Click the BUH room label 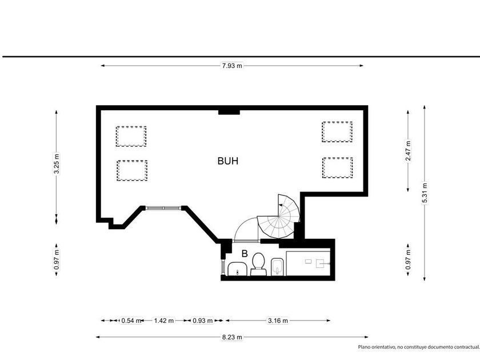coord(228,161)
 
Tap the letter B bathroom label coord(245,254)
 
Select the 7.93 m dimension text coord(232,66)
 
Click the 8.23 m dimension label coord(232,337)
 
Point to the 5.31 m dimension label coord(424,193)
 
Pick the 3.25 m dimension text coord(57,163)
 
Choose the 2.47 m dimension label coord(408,150)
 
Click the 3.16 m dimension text coord(278,321)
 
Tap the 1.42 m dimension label coord(164,321)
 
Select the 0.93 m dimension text coord(202,321)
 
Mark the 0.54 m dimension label coord(131,321)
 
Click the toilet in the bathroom coord(258,264)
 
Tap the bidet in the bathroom coord(278,267)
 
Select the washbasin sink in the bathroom coord(238,269)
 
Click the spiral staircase coord(279,216)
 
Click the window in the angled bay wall coord(163,208)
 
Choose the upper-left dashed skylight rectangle coord(131,136)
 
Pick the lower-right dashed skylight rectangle coord(337,167)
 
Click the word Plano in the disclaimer coord(365,347)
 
